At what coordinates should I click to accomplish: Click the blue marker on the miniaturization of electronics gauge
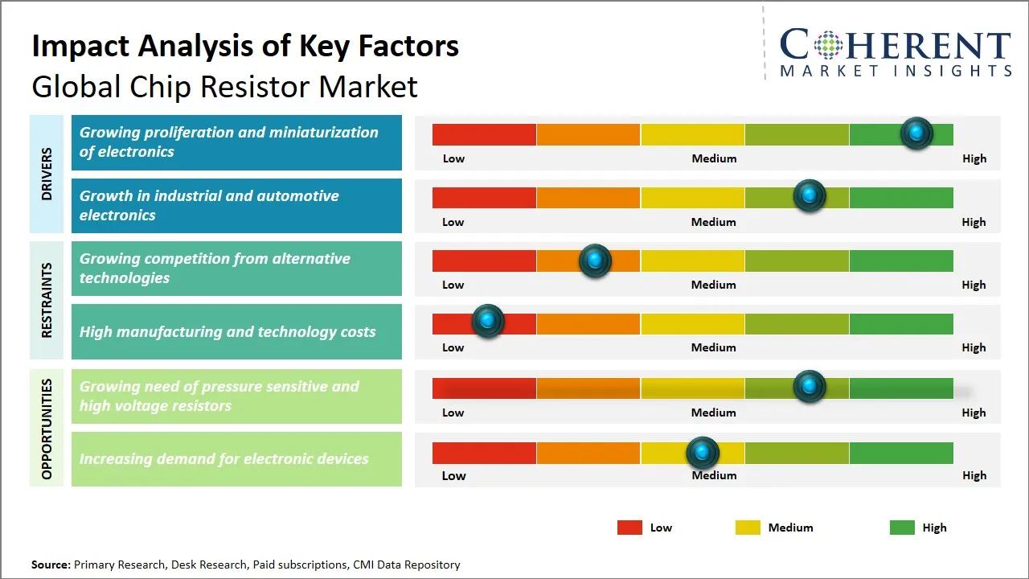916,133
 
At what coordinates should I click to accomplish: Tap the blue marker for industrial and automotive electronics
810,196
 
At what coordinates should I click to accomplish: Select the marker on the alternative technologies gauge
595,261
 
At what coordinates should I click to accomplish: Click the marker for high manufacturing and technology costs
487,321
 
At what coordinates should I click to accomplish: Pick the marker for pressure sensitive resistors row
810,387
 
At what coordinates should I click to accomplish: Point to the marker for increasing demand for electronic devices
703,454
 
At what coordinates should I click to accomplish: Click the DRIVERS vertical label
47,175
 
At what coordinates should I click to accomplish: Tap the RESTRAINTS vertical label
47,300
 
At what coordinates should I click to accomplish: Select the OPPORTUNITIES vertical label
47,429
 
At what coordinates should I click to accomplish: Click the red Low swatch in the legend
629,528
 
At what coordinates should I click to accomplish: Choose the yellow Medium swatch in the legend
748,528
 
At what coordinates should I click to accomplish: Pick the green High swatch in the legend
902,528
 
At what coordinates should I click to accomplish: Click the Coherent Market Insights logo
895,51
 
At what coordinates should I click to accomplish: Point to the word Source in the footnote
51,565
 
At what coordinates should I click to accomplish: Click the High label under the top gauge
974,158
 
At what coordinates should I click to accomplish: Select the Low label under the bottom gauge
453,475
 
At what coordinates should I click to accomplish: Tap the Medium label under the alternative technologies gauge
713,285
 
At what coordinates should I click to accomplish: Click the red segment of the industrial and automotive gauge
484,198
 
